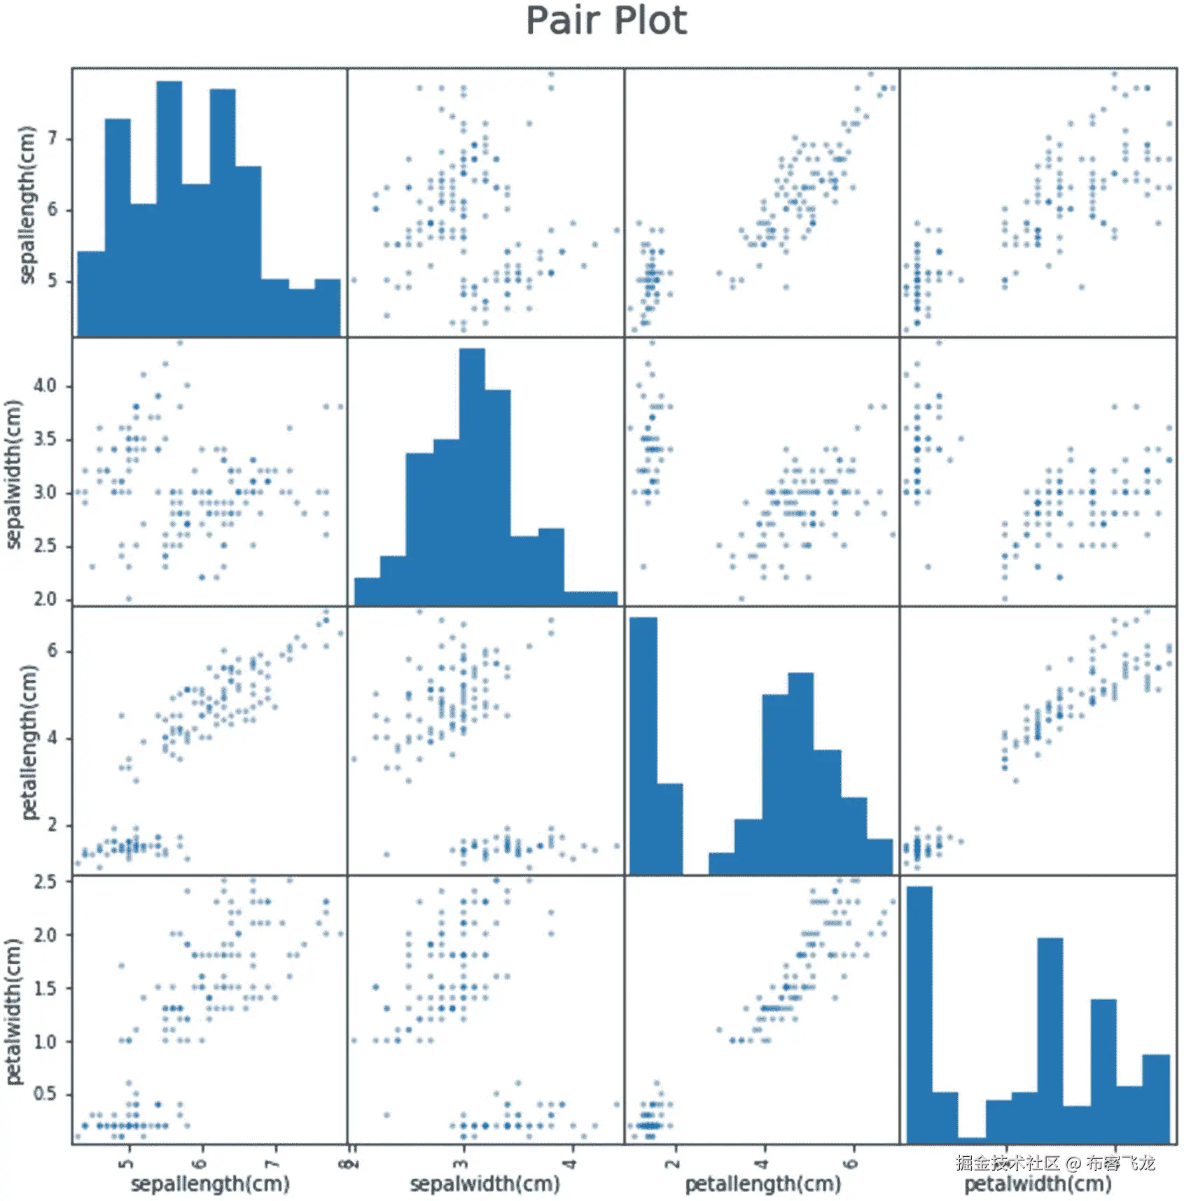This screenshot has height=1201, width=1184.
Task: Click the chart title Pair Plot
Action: [x=606, y=21]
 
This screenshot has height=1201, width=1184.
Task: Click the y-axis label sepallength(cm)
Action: [x=27, y=205]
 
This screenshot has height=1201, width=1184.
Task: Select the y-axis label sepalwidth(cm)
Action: [x=14, y=474]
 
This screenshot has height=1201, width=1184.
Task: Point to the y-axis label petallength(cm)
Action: [x=28, y=742]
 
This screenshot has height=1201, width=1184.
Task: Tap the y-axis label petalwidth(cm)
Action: [x=14, y=1012]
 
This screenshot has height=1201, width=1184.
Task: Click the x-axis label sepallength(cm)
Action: [x=210, y=1183]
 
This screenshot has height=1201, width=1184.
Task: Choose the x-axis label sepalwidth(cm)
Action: [x=485, y=1183]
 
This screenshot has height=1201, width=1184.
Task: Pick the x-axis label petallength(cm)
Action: [x=762, y=1183]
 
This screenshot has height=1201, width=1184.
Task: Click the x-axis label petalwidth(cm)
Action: [x=1038, y=1184]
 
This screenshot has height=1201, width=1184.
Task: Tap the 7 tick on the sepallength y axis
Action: [x=53, y=139]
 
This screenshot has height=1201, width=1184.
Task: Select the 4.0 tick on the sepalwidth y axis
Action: [x=45, y=386]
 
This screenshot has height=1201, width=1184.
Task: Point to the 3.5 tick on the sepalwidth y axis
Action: [x=45, y=440]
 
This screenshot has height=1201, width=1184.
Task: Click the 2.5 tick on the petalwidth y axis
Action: [x=45, y=882]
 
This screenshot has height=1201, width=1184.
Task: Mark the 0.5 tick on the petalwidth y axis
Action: [x=45, y=1094]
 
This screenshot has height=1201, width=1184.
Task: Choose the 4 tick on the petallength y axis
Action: [x=53, y=738]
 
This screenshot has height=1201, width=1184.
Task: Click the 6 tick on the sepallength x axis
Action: [x=201, y=1163]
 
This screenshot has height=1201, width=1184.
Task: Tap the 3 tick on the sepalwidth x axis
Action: [x=461, y=1163]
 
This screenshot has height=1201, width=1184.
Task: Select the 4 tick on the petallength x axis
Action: [x=763, y=1163]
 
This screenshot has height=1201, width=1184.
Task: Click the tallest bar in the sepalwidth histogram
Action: [x=472, y=476]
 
